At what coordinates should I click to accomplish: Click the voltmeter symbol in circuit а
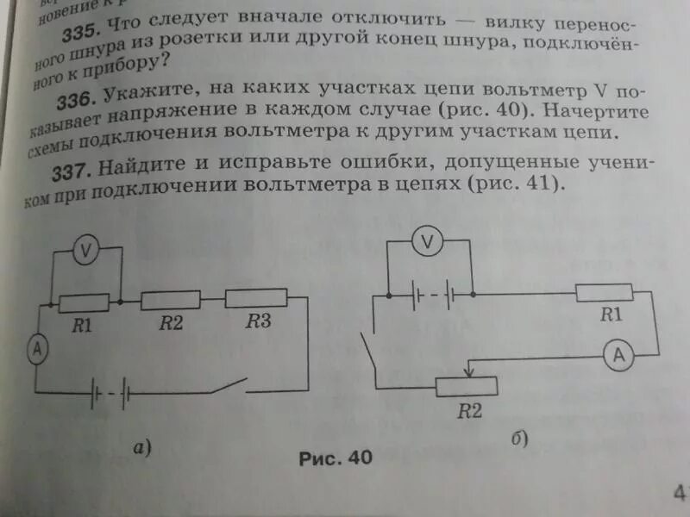click(x=85, y=250)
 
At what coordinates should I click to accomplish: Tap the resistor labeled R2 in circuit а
click(x=170, y=300)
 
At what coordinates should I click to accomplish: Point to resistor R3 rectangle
click(x=255, y=298)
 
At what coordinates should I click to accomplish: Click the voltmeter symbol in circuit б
click(x=427, y=243)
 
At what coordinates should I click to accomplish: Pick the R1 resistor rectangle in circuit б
click(x=605, y=293)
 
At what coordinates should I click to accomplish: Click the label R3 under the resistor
click(x=258, y=322)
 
